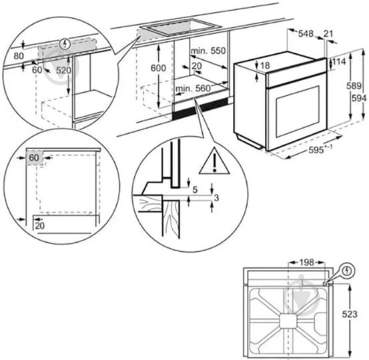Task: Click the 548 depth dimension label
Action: point(306,34)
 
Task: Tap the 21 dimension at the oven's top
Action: point(328,34)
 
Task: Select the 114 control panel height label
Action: point(339,61)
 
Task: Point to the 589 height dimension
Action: point(354,86)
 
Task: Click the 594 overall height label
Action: point(359,98)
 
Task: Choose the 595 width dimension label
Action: point(316,150)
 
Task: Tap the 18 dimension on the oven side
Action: point(265,66)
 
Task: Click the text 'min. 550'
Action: point(208,51)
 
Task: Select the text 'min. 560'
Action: point(193,89)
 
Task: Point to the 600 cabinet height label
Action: point(158,68)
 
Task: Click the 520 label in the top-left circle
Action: point(63,70)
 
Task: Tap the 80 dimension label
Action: point(19,56)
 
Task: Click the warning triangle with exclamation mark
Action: point(214,161)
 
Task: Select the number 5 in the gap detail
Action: point(195,190)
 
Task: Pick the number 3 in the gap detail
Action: point(216,198)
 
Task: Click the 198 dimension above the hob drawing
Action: point(307,263)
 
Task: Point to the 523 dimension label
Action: point(350,314)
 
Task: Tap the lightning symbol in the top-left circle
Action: point(65,44)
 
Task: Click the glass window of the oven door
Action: point(298,111)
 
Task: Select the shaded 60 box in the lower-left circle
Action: point(35,158)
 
